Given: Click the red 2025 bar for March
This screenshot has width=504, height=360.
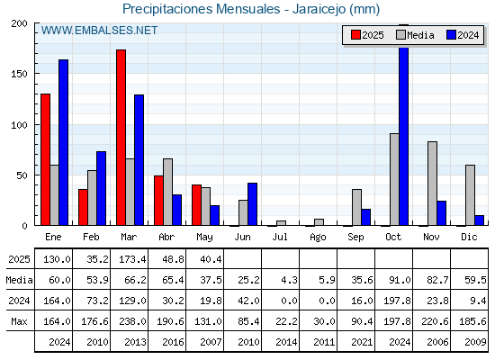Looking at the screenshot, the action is (121, 138).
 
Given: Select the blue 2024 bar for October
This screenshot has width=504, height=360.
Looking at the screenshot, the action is (404, 135).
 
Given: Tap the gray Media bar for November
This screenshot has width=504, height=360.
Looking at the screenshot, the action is (432, 184).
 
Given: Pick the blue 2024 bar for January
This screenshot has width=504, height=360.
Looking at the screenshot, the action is (63, 142).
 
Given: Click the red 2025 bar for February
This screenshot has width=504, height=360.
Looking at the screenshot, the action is (83, 207).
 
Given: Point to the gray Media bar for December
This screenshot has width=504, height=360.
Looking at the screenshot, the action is (470, 195).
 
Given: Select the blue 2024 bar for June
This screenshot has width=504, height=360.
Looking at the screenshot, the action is (252, 204).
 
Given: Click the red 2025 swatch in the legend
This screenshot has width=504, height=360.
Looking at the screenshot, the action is (355, 35).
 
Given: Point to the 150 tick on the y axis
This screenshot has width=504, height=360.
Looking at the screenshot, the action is (19, 74).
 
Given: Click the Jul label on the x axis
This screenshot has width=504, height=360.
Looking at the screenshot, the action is (280, 237).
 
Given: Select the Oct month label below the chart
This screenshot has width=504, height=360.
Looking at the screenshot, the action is (393, 237).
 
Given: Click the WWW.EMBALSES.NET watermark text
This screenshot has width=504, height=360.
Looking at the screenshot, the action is (99, 31).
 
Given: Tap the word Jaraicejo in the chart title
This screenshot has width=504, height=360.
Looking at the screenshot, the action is (318, 9).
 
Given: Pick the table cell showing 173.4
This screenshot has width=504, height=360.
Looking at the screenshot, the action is (132, 259).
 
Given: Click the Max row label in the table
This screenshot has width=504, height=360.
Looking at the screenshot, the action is (19, 321).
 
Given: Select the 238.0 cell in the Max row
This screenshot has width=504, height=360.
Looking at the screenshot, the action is (132, 321).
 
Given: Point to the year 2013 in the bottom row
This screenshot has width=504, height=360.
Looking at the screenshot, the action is (135, 342).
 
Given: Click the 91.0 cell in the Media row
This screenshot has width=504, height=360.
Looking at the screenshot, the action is (400, 280).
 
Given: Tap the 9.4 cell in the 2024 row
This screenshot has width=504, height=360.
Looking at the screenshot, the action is (478, 301).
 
